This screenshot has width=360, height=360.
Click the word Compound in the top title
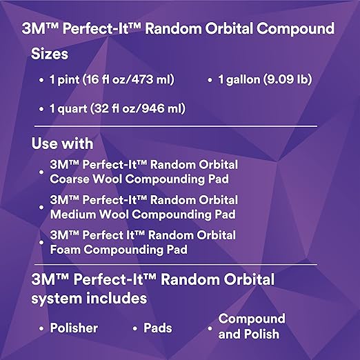296,30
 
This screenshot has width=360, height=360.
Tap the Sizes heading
50,54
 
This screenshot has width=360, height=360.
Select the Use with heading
62,144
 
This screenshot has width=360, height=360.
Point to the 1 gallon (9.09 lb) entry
265,79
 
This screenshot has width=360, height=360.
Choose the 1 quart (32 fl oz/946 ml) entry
117,108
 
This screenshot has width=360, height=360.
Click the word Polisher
74,328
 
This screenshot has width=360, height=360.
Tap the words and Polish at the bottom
249,334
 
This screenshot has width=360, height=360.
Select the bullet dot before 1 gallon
210,81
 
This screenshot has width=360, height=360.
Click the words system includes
89,299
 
